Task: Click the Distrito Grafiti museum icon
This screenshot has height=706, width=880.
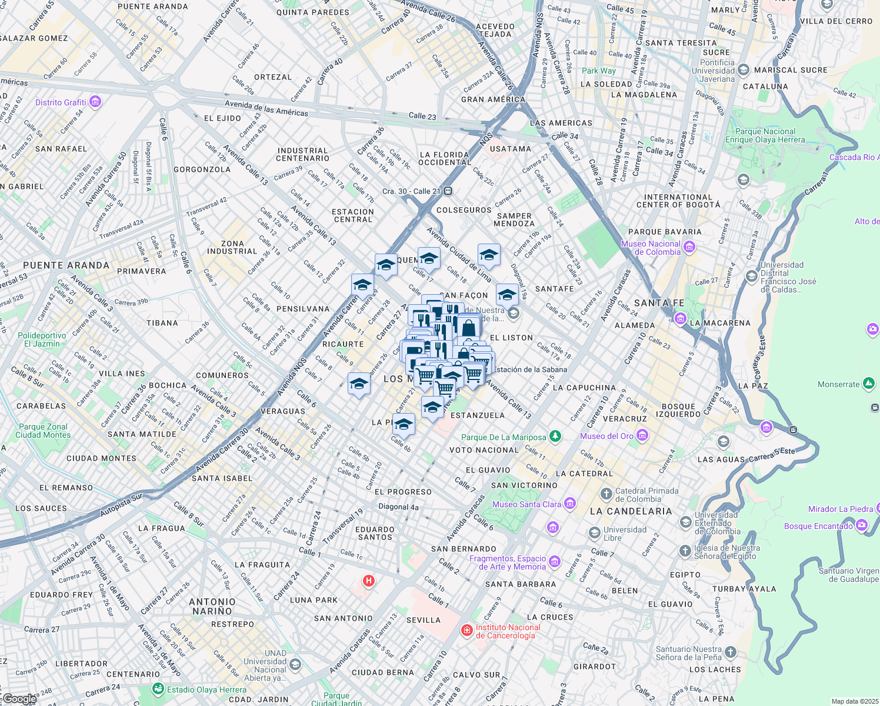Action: coord(95,102)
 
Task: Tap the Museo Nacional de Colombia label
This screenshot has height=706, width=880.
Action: coord(651,248)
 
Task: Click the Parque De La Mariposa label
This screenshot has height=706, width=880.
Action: coord(504,437)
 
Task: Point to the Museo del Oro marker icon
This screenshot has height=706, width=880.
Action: coord(642,436)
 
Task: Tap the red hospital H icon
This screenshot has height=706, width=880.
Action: coord(369,581)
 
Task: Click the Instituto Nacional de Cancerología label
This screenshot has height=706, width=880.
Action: coord(508,631)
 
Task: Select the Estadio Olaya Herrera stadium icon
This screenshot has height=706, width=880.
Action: coord(158,689)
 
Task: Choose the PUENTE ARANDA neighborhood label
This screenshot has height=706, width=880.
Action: coord(66,265)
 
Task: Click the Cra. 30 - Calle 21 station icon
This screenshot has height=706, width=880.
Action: coord(448,191)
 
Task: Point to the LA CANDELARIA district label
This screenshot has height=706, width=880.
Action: coord(631,511)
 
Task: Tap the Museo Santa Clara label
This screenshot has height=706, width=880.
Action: coord(527,504)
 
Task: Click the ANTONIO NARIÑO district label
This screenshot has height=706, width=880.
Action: coord(212,607)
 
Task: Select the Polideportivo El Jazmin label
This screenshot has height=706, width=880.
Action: coord(42,339)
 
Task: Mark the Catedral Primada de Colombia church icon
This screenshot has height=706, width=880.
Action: coord(606,494)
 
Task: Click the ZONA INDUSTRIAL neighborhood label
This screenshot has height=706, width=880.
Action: coord(232,247)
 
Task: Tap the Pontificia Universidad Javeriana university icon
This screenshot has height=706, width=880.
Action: coord(743,70)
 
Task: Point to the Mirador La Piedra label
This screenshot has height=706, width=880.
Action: coord(841,509)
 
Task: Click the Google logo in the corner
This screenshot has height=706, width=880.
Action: coord(19,699)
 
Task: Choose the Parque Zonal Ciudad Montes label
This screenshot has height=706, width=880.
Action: coord(43,431)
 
